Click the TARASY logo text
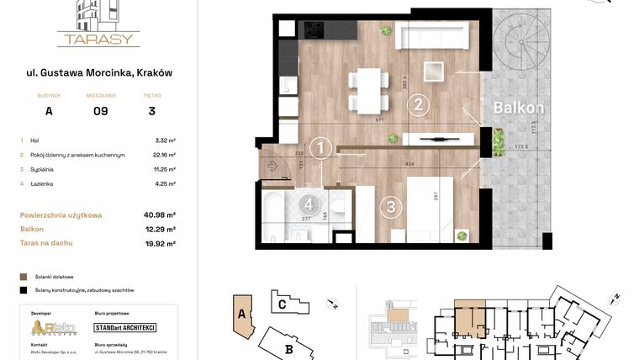(x=98, y=39)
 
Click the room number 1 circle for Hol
(x=320, y=149)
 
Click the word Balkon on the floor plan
(x=518, y=108)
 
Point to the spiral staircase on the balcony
(x=523, y=47)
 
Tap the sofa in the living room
(x=431, y=36)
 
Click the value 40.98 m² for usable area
(x=159, y=215)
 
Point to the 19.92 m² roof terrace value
(x=159, y=244)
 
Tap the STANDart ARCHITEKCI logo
(x=125, y=327)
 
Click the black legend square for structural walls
(x=24, y=289)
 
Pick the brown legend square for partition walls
(x=24, y=276)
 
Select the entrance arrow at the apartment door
(x=272, y=166)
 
